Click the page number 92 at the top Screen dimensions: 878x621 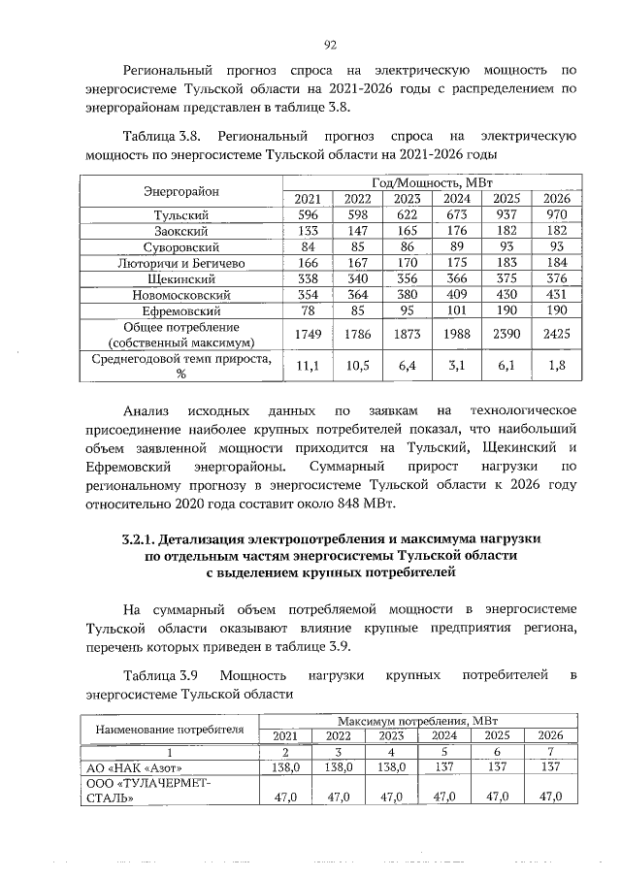[x=330, y=44]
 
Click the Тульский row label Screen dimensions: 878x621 [x=181, y=214]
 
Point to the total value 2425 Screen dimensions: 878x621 [x=556, y=334]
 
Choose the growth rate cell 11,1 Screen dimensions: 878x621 [x=307, y=367]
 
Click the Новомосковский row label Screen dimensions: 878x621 [x=181, y=294]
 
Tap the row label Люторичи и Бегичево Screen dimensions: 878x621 [x=181, y=262]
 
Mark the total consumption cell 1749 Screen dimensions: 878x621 [x=307, y=334]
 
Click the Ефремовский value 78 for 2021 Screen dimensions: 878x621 [x=307, y=310]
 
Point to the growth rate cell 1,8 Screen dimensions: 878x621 [x=556, y=367]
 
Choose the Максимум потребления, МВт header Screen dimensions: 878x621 [x=417, y=721]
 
